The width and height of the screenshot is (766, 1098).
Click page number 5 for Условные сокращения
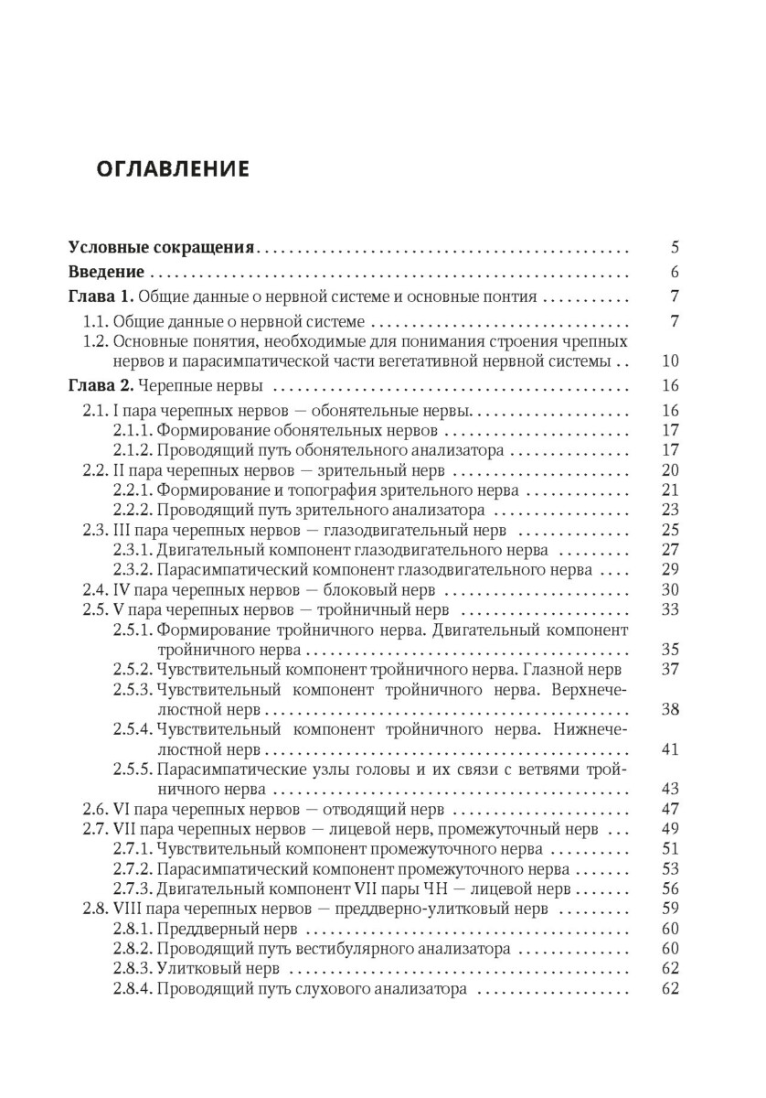[x=674, y=247]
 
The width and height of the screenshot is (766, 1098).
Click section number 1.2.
[x=95, y=341]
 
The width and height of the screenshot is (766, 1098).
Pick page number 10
[x=669, y=361]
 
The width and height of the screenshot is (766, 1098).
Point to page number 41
[x=669, y=749]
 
